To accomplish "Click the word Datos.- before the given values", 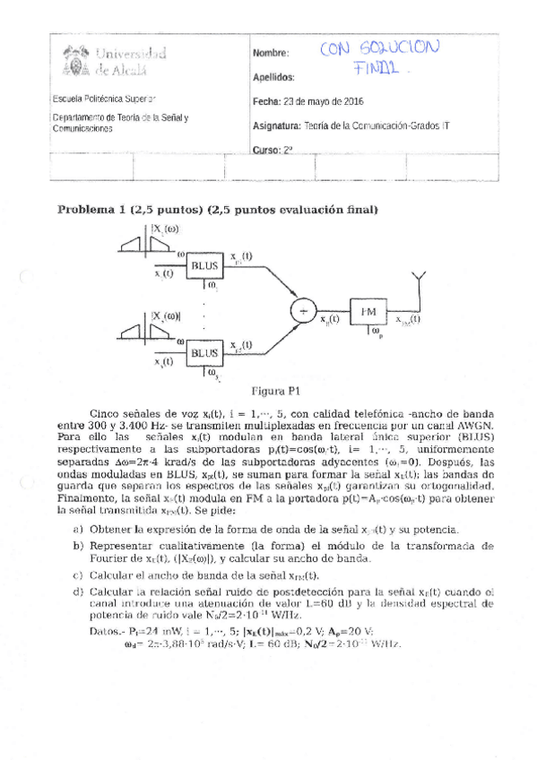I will pos(117,631).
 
